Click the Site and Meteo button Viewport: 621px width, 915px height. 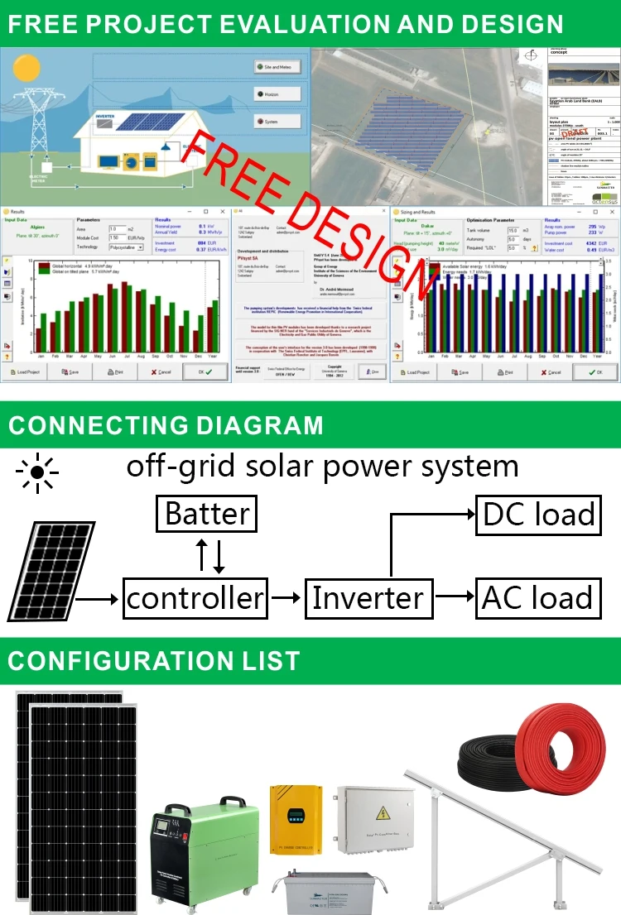pos(277,67)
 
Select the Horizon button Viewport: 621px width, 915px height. pos(277,94)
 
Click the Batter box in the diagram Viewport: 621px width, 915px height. pos(206,514)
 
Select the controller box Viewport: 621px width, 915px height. pos(195,597)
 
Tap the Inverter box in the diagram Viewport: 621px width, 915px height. pos(368,597)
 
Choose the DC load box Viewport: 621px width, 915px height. pos(537,514)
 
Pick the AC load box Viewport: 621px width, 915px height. pos(537,597)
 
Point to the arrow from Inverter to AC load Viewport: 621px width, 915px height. pos(452,597)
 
